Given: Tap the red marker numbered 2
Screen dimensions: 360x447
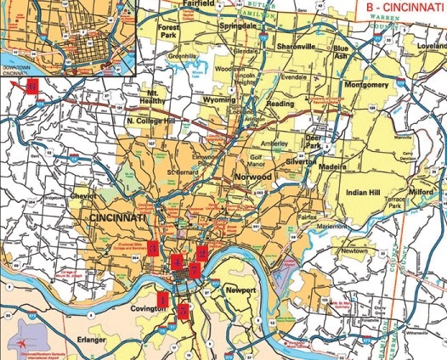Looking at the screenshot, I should coord(202,252).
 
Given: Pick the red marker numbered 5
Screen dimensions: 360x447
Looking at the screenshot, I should coord(184,310).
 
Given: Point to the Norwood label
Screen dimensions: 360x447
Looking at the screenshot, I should coord(252,177).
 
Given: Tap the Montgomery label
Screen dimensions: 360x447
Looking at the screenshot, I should coord(367,86).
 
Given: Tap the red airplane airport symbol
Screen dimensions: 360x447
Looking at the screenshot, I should coord(20,342).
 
